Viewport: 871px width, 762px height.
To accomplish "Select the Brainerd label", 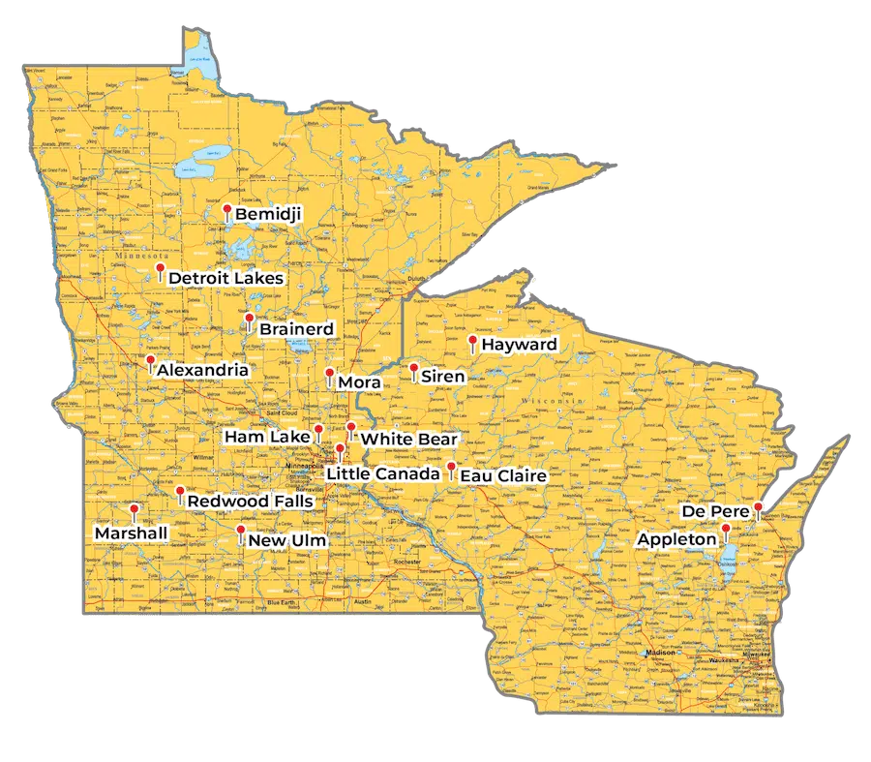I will (x=296, y=329).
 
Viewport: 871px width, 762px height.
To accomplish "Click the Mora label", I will (x=359, y=383).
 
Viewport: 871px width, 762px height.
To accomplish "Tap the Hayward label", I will (x=519, y=345).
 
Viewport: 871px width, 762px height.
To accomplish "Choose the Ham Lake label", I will (x=266, y=438).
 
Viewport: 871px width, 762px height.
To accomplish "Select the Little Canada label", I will (x=382, y=473).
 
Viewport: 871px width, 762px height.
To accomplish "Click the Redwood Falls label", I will (x=250, y=502).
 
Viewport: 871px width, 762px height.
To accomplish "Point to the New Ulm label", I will (x=287, y=540).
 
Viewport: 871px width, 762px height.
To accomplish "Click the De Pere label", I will (x=716, y=511).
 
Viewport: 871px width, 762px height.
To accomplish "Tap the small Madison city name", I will (x=661, y=652).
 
